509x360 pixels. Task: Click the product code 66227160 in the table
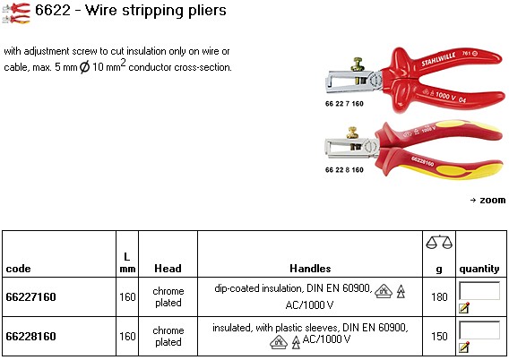pos(30,296)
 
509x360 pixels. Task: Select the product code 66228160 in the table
pos(30,337)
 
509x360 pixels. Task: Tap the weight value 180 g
pos(439,296)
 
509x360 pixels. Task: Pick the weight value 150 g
pos(439,337)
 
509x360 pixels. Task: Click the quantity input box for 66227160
pos(479,290)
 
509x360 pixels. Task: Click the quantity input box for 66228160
pos(479,330)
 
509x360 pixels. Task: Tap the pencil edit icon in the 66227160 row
pos(464,307)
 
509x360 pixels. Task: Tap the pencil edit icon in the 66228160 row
pos(464,347)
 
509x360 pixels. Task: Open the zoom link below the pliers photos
pos(487,200)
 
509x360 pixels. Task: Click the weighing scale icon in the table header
pos(439,243)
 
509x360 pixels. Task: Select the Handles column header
pos(310,269)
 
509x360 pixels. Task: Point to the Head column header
pos(168,269)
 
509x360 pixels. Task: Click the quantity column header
pos(479,269)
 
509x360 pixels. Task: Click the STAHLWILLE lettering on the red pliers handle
pos(438,59)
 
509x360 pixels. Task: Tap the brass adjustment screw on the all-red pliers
pos(357,64)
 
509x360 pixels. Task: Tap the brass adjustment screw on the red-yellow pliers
pos(352,133)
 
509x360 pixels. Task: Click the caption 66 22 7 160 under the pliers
pos(344,104)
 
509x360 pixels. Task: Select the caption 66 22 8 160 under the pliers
pos(344,170)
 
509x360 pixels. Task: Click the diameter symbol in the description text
pos(84,67)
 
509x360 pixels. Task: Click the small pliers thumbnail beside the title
pos(16,13)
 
